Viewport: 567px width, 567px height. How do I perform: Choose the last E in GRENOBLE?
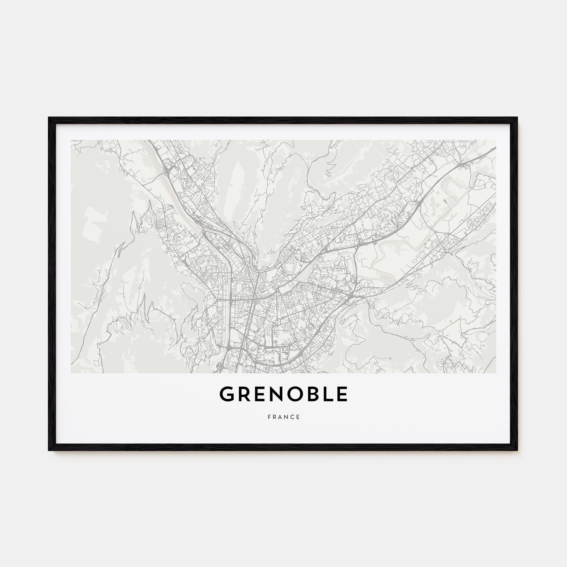[342, 394]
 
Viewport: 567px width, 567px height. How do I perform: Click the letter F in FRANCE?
[269, 417]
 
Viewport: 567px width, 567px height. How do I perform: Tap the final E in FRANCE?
[299, 417]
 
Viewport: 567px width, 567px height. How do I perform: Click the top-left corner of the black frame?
[49, 118]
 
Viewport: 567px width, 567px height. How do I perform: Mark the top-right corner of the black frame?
[517, 118]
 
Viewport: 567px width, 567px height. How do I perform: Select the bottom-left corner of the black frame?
[49, 450]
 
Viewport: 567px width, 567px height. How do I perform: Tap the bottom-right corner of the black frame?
[517, 450]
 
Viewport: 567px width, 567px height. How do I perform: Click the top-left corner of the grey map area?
[71, 140]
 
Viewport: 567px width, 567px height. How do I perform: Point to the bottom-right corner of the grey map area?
[496, 373]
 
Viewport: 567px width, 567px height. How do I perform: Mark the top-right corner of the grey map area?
[496, 140]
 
